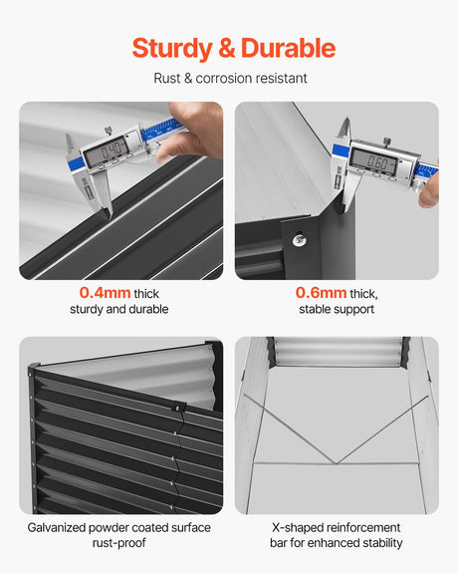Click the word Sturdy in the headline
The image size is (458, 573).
click(x=172, y=49)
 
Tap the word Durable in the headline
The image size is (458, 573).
click(x=288, y=48)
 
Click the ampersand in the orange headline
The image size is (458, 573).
click(x=226, y=48)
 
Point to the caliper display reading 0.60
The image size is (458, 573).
click(x=373, y=160)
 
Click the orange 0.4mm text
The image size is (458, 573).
click(x=105, y=293)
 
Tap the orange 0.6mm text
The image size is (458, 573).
click(x=321, y=293)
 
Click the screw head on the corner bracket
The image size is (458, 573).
click(x=300, y=239)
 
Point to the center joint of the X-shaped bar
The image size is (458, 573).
click(x=336, y=463)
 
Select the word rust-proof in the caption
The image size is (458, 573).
click(x=119, y=543)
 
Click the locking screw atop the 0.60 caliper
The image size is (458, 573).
click(x=386, y=142)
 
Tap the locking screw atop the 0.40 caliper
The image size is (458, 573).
click(x=109, y=131)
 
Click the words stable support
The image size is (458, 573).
click(x=337, y=310)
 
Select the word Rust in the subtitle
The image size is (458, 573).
click(x=167, y=78)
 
